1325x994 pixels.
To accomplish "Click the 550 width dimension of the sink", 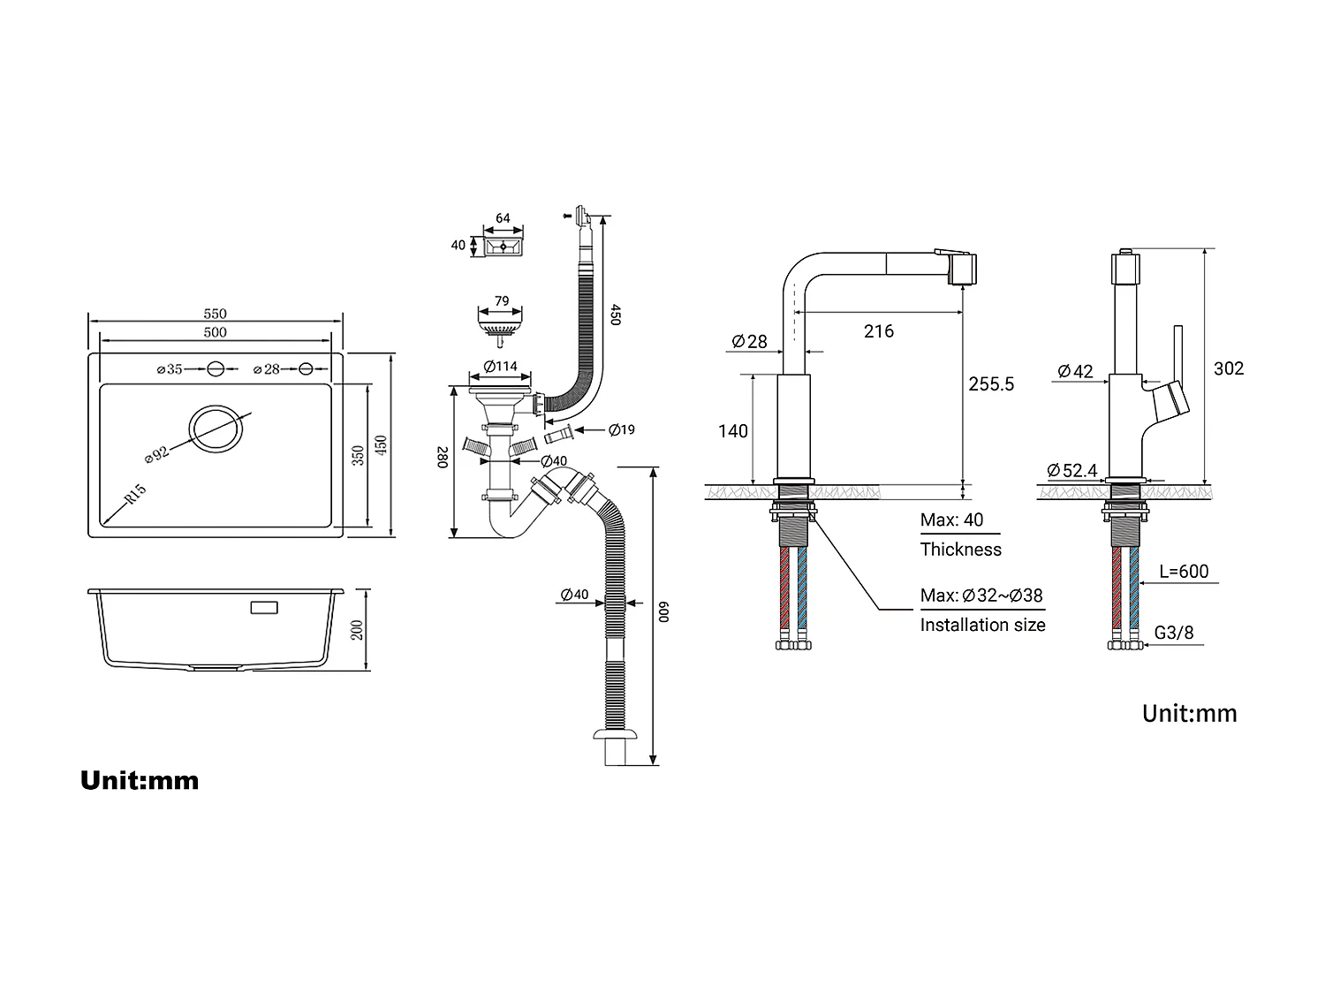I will pos(215,314).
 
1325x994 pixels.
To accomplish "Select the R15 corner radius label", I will pos(135,495).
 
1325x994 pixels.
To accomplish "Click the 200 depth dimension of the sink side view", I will pos(357,629).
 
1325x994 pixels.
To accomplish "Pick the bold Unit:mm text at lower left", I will pos(140,780).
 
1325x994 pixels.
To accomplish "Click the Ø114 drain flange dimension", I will pos(500,367).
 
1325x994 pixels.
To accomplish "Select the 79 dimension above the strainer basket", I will pos(501,301).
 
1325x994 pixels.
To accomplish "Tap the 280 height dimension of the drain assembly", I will pos(443,458).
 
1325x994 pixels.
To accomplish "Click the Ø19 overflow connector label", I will pos(622,430).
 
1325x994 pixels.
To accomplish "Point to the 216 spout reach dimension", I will pos(878,331).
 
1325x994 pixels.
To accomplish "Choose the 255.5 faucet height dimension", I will pos(991,384).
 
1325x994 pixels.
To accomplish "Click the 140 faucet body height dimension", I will pos(732,431).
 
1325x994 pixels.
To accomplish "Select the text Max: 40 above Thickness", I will pos(951,520).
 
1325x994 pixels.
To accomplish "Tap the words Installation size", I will pos(982,626).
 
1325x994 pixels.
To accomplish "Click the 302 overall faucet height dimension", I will pos(1228,368).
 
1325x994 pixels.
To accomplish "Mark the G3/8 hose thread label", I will pos(1174,633).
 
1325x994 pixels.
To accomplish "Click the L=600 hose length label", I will pos(1184,572).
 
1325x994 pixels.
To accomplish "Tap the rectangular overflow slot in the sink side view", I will pos(264,608).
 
